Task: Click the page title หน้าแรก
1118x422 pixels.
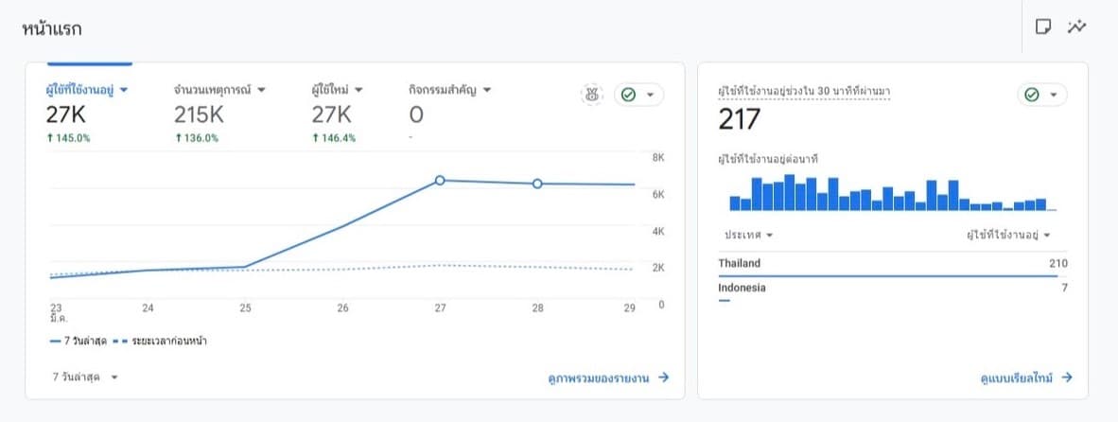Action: [x=52, y=28]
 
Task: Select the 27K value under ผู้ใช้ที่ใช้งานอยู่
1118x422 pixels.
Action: [x=66, y=115]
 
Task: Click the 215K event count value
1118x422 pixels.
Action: [x=199, y=115]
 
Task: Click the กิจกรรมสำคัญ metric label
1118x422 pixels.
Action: [x=450, y=90]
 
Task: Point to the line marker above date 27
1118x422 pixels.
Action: [x=440, y=180]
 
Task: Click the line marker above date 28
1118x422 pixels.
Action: [x=537, y=184]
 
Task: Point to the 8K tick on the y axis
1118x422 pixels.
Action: [x=659, y=157]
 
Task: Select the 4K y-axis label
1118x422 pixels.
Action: [x=659, y=231]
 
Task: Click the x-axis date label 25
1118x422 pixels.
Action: [x=245, y=308]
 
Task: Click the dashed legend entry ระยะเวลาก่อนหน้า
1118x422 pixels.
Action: [x=160, y=341]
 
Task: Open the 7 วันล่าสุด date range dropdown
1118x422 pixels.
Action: [x=85, y=377]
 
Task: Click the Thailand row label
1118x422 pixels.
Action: [x=740, y=263]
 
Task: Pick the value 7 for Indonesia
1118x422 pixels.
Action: [x=1064, y=288]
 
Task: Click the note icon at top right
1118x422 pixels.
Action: [x=1043, y=26]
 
